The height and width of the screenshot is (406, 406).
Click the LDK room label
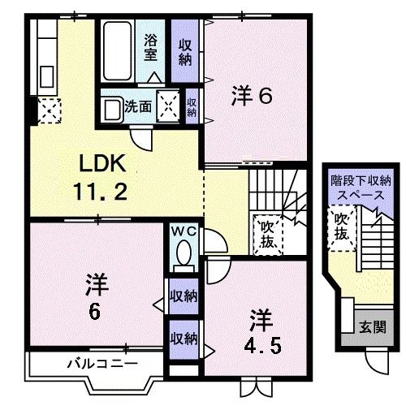[x=102, y=163]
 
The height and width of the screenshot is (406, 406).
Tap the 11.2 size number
[x=100, y=192]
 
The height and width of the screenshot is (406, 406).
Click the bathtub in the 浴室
[x=118, y=50]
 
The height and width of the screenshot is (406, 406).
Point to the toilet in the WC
[x=184, y=257]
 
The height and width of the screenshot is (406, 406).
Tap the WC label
[x=184, y=231]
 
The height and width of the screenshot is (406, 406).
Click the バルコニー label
[x=102, y=364]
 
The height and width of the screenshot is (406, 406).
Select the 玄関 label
[x=373, y=327]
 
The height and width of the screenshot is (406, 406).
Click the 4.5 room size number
[x=262, y=346]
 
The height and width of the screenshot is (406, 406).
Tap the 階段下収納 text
[x=361, y=181]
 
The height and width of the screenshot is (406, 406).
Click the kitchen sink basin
[x=46, y=77]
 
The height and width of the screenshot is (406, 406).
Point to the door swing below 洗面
[x=141, y=138]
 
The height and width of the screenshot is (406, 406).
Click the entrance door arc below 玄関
[x=377, y=363]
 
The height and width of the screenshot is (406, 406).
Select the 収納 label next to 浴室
[x=185, y=52]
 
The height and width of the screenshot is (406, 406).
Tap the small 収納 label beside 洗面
[x=192, y=107]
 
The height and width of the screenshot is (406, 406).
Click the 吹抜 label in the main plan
[x=267, y=234]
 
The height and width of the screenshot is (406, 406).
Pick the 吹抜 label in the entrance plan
[x=341, y=227]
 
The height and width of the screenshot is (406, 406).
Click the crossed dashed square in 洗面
[x=168, y=106]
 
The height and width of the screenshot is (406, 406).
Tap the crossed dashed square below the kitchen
[x=49, y=110]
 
